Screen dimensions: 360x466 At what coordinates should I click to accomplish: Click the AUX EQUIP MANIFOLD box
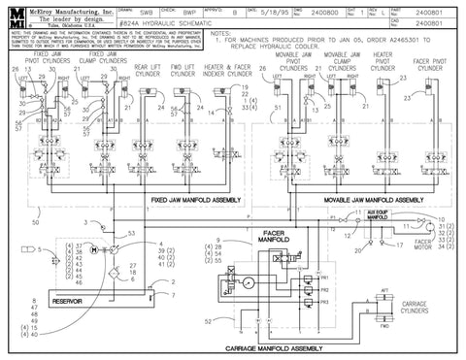pyautogui.click(x=361, y=220)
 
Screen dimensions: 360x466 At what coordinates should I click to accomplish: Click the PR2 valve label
pyautogui.click(x=326, y=290)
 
